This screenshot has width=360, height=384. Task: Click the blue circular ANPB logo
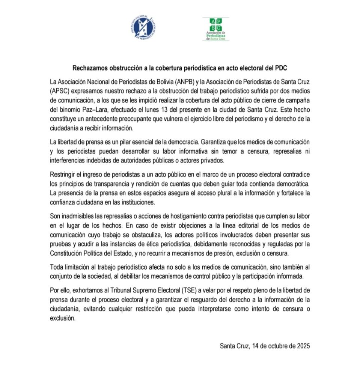142,28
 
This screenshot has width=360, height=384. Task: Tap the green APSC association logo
215,29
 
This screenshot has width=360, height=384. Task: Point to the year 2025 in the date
303,346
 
